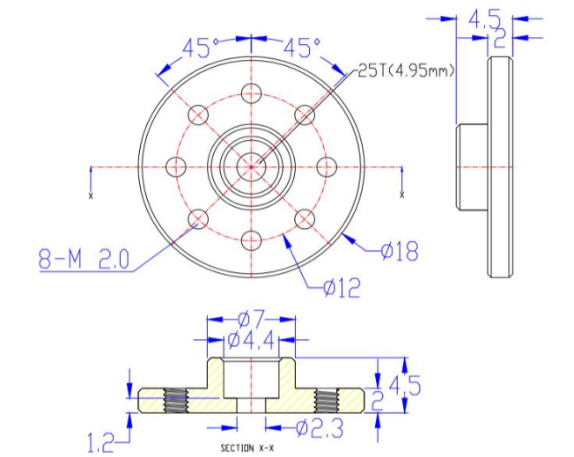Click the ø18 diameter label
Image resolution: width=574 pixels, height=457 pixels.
pos(399,251)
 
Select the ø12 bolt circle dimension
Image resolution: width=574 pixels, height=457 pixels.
pos(342,287)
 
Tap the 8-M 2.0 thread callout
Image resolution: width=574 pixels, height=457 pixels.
pos(84,259)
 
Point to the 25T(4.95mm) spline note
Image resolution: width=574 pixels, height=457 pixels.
pos(406,70)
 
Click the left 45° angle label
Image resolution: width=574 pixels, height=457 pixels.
pos(200,48)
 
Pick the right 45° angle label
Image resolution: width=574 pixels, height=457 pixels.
pos(302,48)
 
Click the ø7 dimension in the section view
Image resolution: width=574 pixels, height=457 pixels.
pos(251,320)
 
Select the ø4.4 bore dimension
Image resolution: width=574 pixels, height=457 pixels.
pos(251,341)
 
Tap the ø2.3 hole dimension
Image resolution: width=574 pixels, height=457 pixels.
pos(320,428)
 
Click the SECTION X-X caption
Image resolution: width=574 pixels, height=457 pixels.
pos(247,448)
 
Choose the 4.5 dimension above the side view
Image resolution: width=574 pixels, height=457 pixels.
pos(485,19)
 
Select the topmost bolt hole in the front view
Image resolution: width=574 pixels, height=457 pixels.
pos(252,93)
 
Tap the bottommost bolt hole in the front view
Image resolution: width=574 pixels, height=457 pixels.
pos(252,240)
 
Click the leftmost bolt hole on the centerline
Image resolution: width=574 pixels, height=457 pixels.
pos(176,167)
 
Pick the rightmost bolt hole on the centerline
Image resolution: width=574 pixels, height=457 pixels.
pos(327,167)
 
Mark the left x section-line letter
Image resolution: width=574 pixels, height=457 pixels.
pos(91,195)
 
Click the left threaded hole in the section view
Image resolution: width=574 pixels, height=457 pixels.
pos(176,401)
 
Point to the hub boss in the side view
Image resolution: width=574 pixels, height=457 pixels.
pos(472,167)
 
